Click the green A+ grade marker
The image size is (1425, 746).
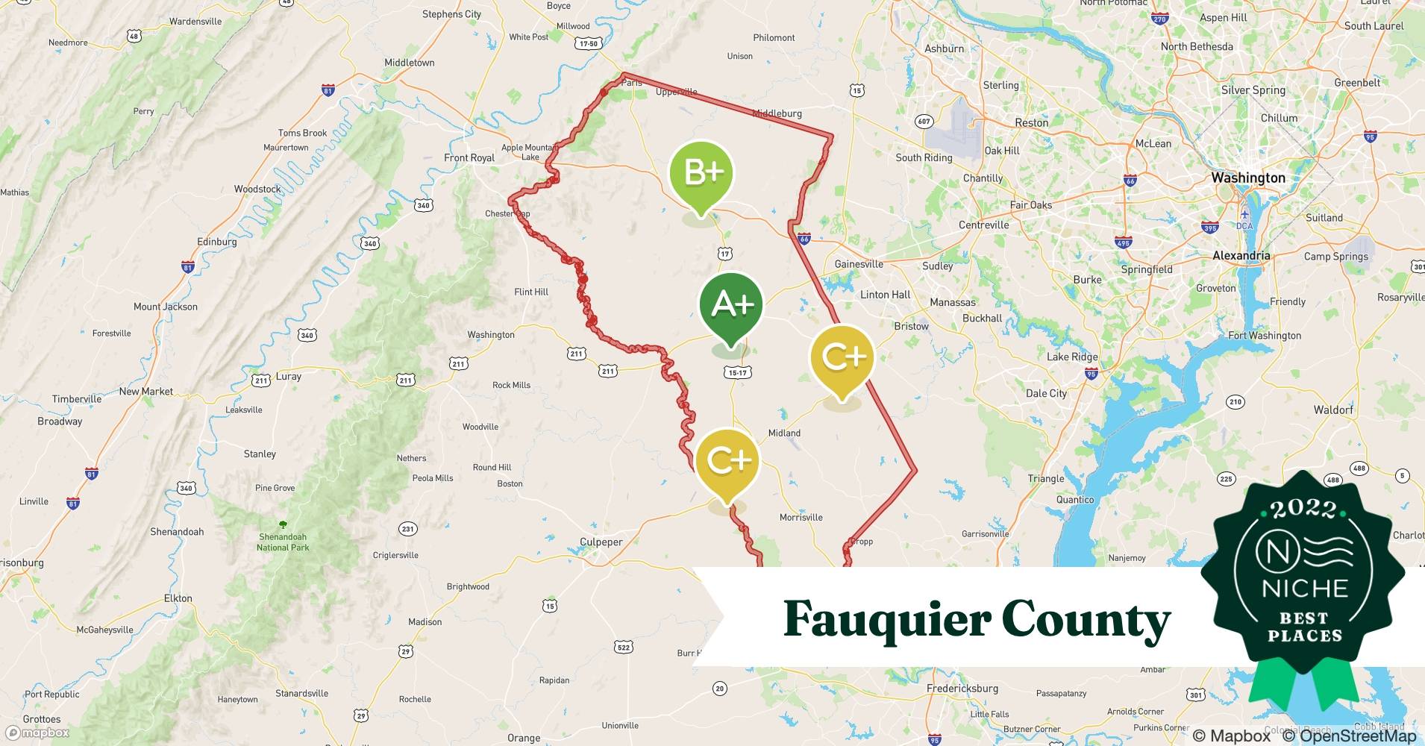pos(731,304)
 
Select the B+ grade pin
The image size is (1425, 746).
pos(701,173)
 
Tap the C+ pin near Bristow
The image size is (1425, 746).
pos(842,359)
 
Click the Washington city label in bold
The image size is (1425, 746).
pos(1248,178)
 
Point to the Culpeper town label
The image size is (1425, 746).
pos(601,542)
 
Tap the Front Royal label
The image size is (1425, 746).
pos(469,157)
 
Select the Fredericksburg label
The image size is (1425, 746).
pos(962,688)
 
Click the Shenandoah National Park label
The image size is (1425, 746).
pos(283,542)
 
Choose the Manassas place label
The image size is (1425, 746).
pos(952,302)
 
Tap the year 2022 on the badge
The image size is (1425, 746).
pos(1303,509)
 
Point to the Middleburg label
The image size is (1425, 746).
pos(777,113)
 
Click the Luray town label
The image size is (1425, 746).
pos(288,376)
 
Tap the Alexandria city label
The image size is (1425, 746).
pos(1241,255)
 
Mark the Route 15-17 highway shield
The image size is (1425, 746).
pos(737,372)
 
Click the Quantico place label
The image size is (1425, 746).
pos(1074,500)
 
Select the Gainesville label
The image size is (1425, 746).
pos(858,264)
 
